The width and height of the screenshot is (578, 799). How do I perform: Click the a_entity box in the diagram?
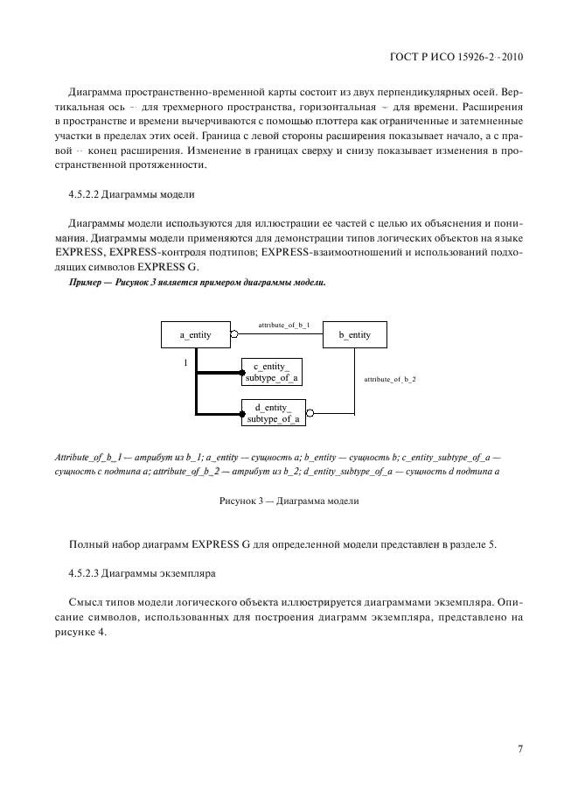(x=197, y=335)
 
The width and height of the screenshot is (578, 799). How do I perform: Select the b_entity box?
(x=354, y=335)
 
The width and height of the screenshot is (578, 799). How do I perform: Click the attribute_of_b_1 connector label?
(x=283, y=325)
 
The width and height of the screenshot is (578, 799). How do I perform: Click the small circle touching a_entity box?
(x=233, y=335)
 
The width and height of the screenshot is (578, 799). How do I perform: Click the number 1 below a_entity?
(x=185, y=361)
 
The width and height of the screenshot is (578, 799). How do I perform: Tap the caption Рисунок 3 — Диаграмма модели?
(x=289, y=501)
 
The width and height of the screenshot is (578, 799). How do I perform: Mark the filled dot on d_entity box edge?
(x=243, y=413)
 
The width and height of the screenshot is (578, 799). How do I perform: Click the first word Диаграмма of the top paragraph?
(x=99, y=92)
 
